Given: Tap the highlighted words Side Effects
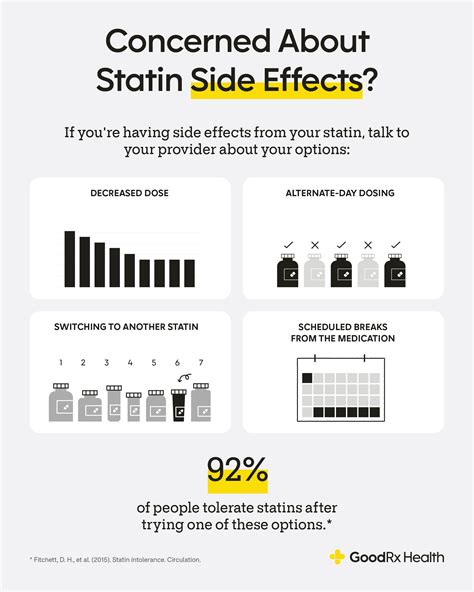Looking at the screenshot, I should [275, 80].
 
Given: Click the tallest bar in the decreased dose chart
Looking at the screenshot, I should [70, 259].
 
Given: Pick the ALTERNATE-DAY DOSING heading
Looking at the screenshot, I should [343, 193].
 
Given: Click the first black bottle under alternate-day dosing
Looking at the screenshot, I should [289, 272].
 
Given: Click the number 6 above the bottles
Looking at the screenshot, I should [177, 362].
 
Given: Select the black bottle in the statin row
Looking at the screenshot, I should [179, 404].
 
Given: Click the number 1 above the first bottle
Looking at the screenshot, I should [62, 362].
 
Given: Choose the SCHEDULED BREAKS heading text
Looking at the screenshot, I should [343, 333].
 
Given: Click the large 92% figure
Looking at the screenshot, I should [237, 471].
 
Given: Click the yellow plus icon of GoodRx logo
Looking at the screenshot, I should [337, 556].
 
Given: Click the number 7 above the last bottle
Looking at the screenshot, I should [201, 362].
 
